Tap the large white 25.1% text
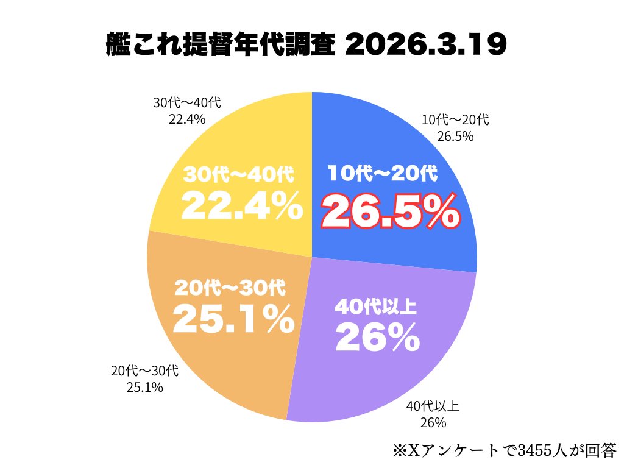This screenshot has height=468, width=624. pyautogui.click(x=233, y=319)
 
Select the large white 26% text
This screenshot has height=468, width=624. pyautogui.click(x=377, y=337)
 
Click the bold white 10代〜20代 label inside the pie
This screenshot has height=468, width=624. pyautogui.click(x=383, y=174)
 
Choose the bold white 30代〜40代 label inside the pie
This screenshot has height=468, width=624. pyautogui.click(x=239, y=175)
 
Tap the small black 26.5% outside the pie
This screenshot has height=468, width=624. pyautogui.click(x=455, y=136)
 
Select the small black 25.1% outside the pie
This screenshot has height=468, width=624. pyautogui.click(x=144, y=386)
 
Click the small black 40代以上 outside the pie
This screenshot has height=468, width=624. pyautogui.click(x=433, y=405)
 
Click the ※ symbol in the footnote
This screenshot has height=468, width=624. pyautogui.click(x=399, y=451)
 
